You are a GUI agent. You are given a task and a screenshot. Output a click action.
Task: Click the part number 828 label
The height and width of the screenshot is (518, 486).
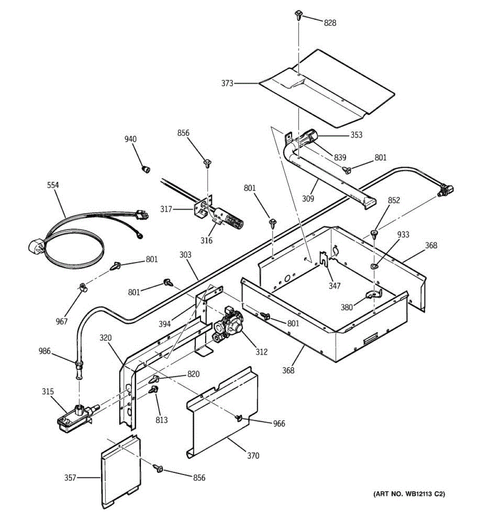[x=330, y=23]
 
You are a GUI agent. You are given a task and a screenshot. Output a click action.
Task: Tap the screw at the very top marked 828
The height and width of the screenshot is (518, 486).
[x=298, y=15]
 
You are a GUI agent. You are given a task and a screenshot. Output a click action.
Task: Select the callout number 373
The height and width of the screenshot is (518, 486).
[x=227, y=83]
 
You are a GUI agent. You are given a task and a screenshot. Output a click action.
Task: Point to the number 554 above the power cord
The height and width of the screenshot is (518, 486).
[x=53, y=185]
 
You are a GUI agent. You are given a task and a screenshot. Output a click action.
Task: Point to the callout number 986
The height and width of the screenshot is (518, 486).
[x=44, y=351]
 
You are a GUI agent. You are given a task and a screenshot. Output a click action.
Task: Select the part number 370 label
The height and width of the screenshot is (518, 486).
[x=253, y=456]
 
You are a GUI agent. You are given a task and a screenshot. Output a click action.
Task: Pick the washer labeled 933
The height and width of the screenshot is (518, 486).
[x=375, y=266]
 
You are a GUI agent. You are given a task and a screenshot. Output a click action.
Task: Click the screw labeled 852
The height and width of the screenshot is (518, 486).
[x=374, y=234]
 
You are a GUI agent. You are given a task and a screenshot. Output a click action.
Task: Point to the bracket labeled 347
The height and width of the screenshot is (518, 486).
[x=324, y=259]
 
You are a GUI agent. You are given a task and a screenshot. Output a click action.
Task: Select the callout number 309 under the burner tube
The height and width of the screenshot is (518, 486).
[x=308, y=199]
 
